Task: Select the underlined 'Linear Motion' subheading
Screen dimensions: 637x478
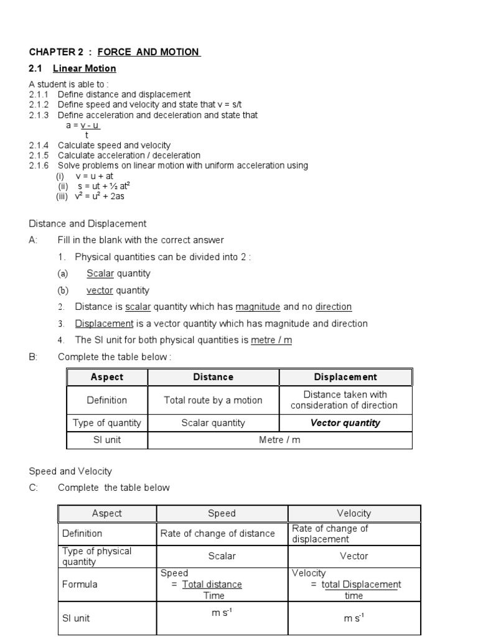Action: coord(84,68)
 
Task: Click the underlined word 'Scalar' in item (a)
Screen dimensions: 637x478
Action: coord(100,273)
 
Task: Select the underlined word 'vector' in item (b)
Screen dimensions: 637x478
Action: coord(100,290)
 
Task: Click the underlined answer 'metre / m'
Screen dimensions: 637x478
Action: coord(271,340)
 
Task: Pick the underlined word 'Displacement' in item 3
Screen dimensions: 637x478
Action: coord(104,323)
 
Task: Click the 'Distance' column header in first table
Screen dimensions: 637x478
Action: coord(213,377)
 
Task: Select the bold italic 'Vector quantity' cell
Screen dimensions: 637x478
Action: coord(345,423)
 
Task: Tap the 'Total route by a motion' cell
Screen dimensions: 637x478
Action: coord(213,400)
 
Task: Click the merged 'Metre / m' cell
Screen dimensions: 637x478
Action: coord(279,440)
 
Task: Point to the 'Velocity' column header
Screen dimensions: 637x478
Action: coord(354,513)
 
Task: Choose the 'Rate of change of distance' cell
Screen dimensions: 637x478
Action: coord(217,533)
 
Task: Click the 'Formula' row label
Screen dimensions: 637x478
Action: coord(80,584)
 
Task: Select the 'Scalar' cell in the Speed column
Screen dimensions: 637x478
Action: coord(222,556)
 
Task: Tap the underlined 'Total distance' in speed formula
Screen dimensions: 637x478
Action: coord(212,584)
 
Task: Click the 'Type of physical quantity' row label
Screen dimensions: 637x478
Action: coord(96,556)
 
